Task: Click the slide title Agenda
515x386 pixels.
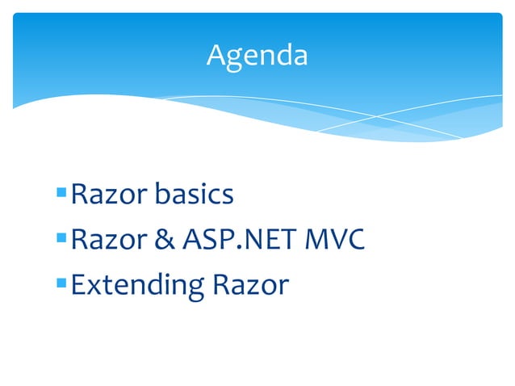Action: point(257,55)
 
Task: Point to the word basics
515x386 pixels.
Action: point(195,195)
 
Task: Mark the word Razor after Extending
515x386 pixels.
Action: point(250,285)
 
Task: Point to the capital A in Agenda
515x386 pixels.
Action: point(216,55)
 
